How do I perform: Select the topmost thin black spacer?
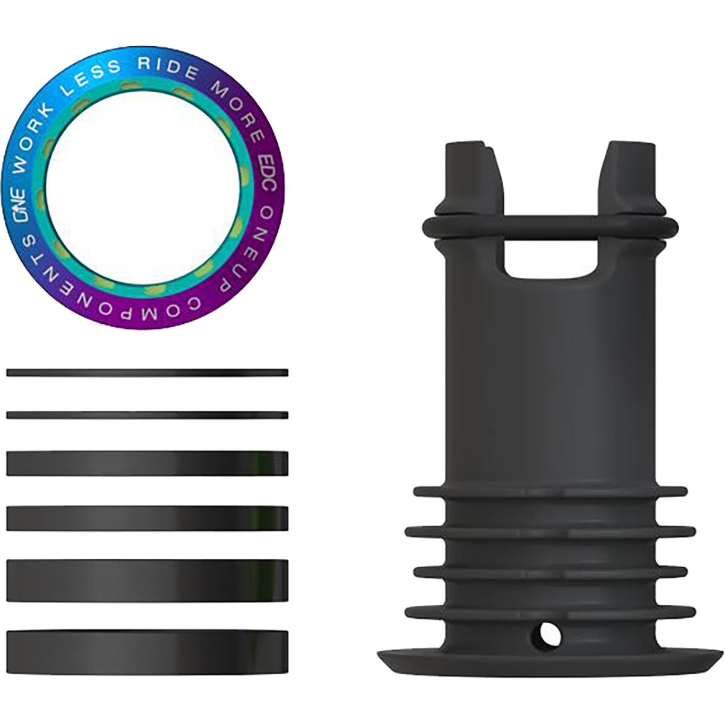147,373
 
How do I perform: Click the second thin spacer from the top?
147,415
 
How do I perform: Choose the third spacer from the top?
147,463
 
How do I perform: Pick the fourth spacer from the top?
147,518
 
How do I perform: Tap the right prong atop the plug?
630,175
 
